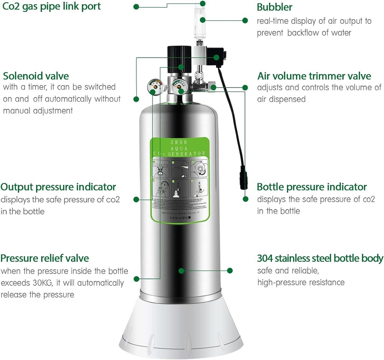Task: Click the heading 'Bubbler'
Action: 275,7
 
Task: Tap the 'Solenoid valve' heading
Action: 36,75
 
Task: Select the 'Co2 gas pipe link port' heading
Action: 51,7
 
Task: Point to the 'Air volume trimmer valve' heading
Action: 314,76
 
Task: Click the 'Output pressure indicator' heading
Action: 58,187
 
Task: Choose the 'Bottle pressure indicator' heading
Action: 312,187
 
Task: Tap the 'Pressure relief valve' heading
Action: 45,258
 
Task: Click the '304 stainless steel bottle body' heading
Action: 320,258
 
